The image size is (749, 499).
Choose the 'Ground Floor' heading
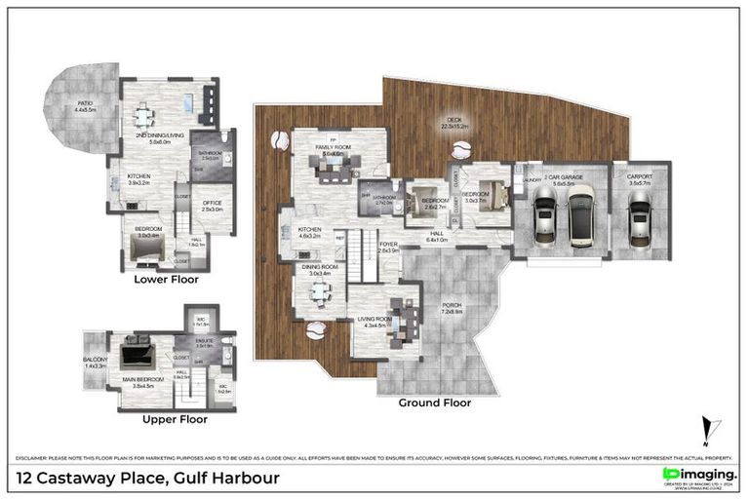(434, 402)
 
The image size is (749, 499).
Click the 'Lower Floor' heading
(166, 279)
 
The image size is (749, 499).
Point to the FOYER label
(389, 246)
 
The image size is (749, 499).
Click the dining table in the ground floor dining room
(314, 289)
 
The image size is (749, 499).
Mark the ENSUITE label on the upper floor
(204, 341)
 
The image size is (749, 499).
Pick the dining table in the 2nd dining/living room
(144, 117)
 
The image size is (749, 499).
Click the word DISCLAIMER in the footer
(33, 458)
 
